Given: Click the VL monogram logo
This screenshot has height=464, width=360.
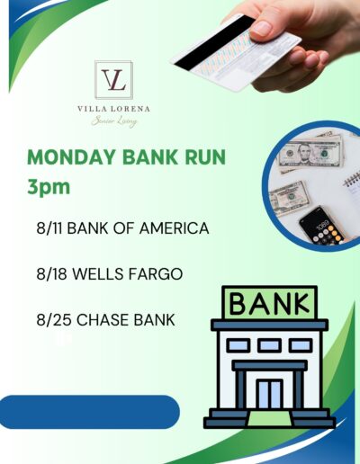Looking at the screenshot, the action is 113,80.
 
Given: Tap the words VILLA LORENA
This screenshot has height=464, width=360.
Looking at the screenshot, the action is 113,109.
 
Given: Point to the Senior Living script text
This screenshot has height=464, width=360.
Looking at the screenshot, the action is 114,121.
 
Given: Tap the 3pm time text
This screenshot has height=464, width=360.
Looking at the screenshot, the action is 49,187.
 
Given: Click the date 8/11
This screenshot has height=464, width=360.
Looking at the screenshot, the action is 49,228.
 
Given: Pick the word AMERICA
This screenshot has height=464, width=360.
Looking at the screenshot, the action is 175,228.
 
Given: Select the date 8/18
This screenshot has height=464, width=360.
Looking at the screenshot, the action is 51,274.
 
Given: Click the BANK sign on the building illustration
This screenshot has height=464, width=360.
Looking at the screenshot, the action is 269,303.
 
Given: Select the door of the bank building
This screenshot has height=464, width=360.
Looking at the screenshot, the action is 269,395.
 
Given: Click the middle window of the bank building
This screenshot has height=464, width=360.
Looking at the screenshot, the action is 269,345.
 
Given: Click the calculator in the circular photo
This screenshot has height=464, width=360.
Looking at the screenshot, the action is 321,226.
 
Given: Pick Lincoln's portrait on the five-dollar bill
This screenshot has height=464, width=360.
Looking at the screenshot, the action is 305,153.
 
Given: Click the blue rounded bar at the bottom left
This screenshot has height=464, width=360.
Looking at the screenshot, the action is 89,412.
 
